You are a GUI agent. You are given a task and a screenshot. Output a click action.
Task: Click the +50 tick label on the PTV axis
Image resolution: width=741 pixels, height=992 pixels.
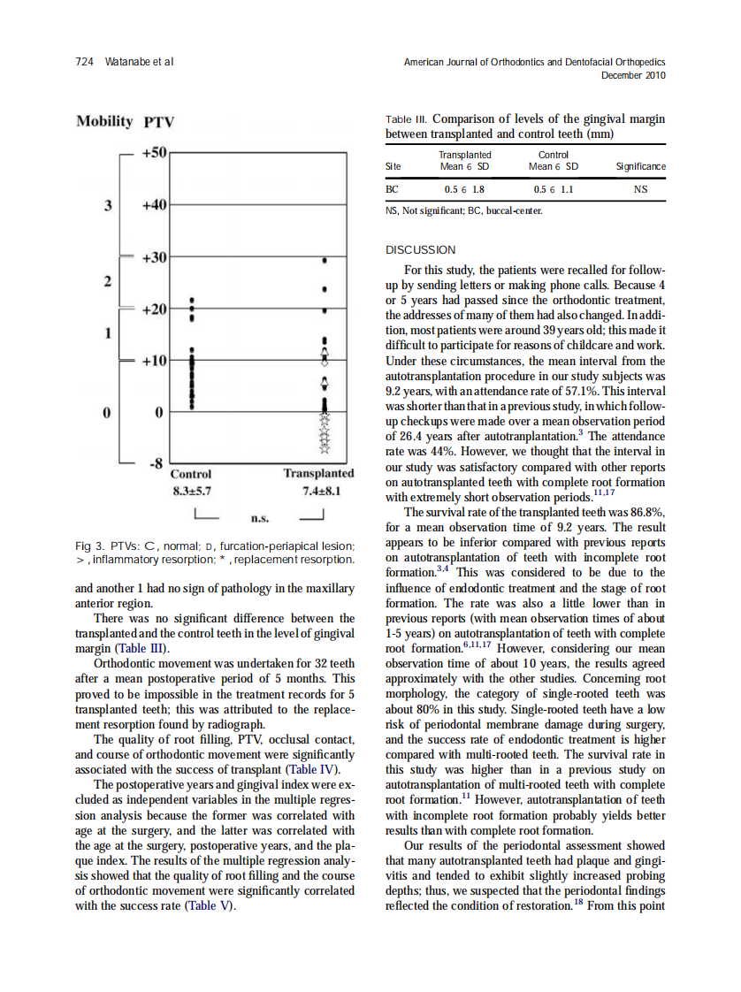click(x=155, y=154)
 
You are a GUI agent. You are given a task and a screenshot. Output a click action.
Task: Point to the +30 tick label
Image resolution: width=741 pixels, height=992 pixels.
click(x=155, y=257)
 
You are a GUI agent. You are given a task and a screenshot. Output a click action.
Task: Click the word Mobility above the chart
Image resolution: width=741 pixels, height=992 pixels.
click(x=104, y=122)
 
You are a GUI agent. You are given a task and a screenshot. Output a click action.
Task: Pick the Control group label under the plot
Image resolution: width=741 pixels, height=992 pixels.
click(x=191, y=474)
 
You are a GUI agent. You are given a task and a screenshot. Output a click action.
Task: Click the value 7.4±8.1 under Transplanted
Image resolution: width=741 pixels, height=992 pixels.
click(x=321, y=491)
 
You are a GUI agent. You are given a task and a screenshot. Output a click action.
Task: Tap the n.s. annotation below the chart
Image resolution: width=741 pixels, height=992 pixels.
click(x=261, y=518)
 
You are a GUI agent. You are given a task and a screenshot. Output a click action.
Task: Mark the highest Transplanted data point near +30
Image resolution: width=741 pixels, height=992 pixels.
click(x=325, y=261)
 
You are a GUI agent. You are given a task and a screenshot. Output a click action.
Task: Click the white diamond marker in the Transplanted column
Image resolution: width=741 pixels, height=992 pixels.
click(x=325, y=385)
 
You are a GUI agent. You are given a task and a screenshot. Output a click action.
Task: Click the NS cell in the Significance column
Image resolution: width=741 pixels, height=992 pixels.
click(x=640, y=188)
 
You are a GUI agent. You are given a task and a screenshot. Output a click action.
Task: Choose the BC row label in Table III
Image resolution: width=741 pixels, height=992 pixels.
click(x=393, y=188)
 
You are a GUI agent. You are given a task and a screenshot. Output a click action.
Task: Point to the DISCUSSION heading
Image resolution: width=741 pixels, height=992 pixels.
click(x=421, y=250)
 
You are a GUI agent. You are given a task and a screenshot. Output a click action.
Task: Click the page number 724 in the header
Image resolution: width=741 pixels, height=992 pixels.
click(x=85, y=62)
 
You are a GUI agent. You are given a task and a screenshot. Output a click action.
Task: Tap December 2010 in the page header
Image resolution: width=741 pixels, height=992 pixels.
click(x=632, y=75)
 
